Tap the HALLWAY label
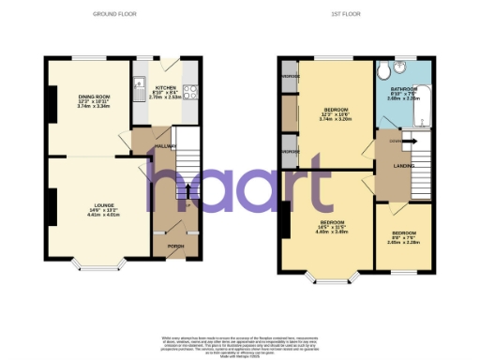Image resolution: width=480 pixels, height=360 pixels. coord(165,146)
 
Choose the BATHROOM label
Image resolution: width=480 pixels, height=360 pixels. coord(403,89)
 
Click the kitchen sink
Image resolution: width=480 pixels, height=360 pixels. coord(139,83)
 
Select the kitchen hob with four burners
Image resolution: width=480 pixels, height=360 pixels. coord(189,92)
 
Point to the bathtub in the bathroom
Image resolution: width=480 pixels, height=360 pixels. coord(421,103)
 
